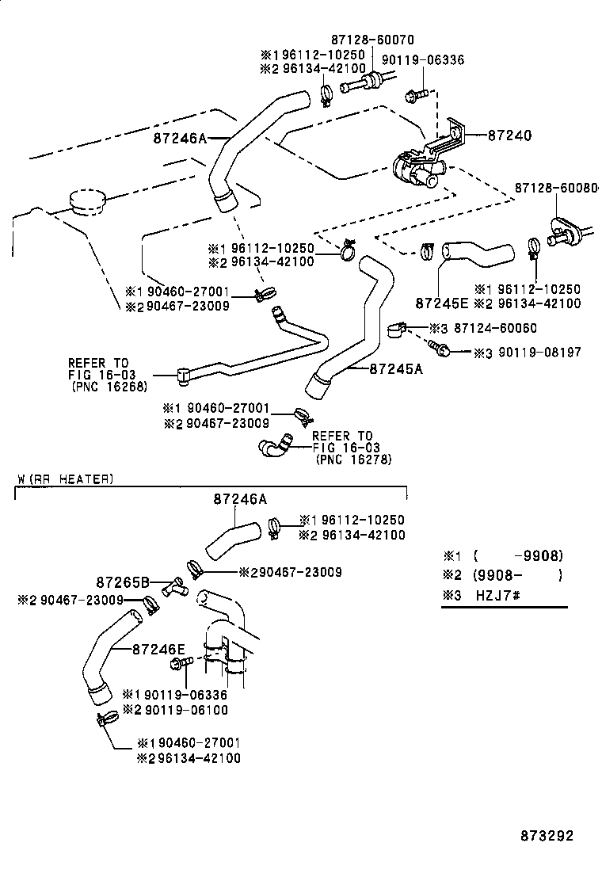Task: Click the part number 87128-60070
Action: [372, 40]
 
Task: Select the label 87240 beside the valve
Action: [509, 136]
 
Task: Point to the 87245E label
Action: [441, 302]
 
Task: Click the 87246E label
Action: [158, 649]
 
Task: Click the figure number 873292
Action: [547, 836]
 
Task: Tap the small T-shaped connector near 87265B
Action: [172, 585]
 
